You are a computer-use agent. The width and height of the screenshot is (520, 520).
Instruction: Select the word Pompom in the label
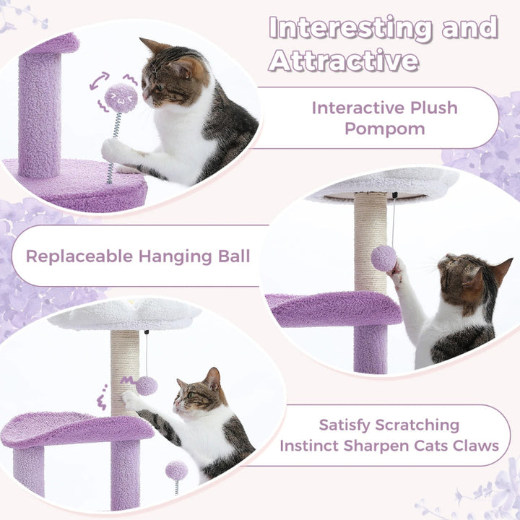(384, 129)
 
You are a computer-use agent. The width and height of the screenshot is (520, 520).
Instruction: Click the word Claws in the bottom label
(472, 445)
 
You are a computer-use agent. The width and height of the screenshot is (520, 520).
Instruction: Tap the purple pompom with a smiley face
(121, 96)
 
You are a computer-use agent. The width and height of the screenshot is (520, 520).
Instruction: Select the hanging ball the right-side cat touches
(383, 258)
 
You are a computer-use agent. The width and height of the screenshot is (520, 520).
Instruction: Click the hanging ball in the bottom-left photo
(147, 385)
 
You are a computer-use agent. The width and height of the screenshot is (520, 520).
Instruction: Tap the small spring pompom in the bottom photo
(176, 471)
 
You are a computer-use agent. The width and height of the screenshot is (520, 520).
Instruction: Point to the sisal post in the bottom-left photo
(124, 368)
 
